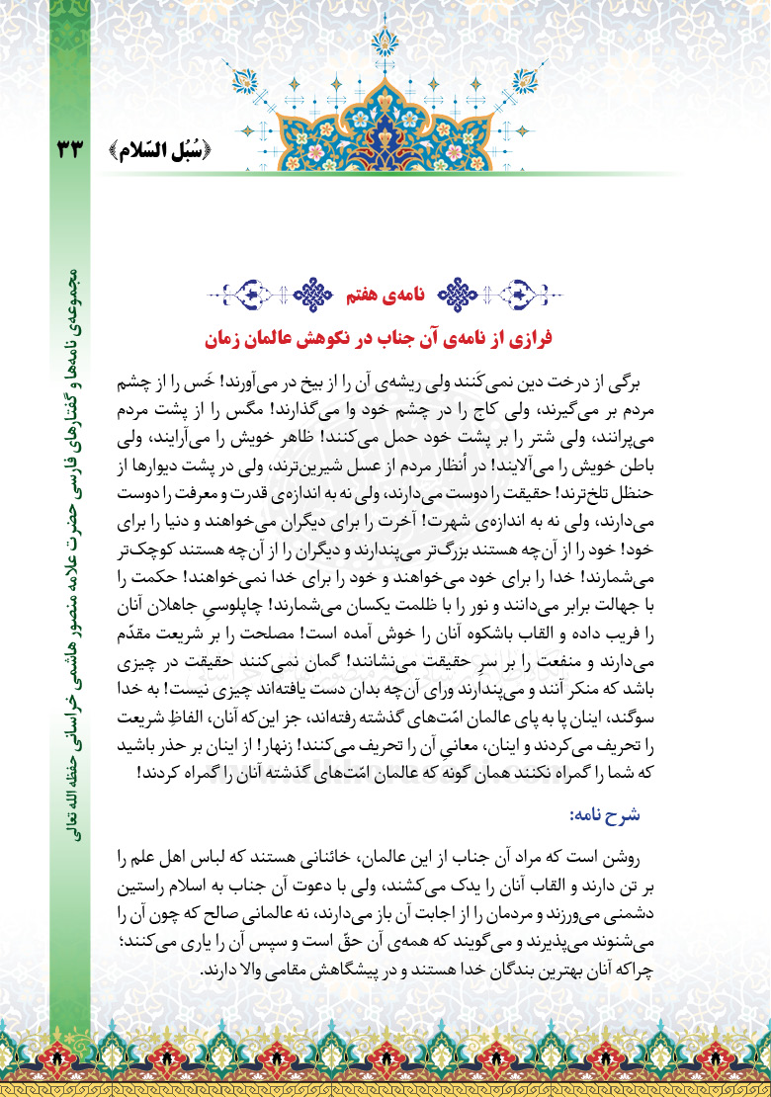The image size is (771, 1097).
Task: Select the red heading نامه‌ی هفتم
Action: tap(379, 294)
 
